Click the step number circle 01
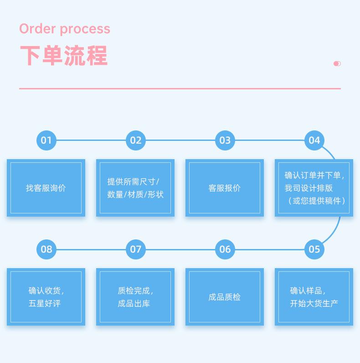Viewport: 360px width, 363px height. (x=46, y=140)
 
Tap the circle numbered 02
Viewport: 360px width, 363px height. (x=136, y=140)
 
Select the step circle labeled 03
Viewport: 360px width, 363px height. (x=225, y=140)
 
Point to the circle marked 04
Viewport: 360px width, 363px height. (x=314, y=140)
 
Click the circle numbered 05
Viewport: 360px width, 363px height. (x=314, y=249)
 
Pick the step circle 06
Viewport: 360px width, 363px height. (x=225, y=249)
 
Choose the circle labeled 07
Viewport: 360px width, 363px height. (x=136, y=249)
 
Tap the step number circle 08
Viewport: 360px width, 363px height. (x=46, y=249)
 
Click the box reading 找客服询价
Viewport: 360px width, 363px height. (x=46, y=188)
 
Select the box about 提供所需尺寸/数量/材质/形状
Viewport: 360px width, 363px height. (x=135, y=188)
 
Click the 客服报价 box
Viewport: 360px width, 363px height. (x=225, y=188)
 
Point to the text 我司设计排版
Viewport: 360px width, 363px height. (x=309, y=188)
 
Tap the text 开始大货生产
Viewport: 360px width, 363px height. (x=314, y=303)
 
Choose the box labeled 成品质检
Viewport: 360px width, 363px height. (x=225, y=297)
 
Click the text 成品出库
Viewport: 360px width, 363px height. (x=134, y=303)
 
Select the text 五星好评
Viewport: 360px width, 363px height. (x=45, y=303)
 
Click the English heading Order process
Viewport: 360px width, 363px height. (x=65, y=29)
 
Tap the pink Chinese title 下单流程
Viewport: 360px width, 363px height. (x=63, y=56)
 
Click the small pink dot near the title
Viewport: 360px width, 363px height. (x=337, y=63)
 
